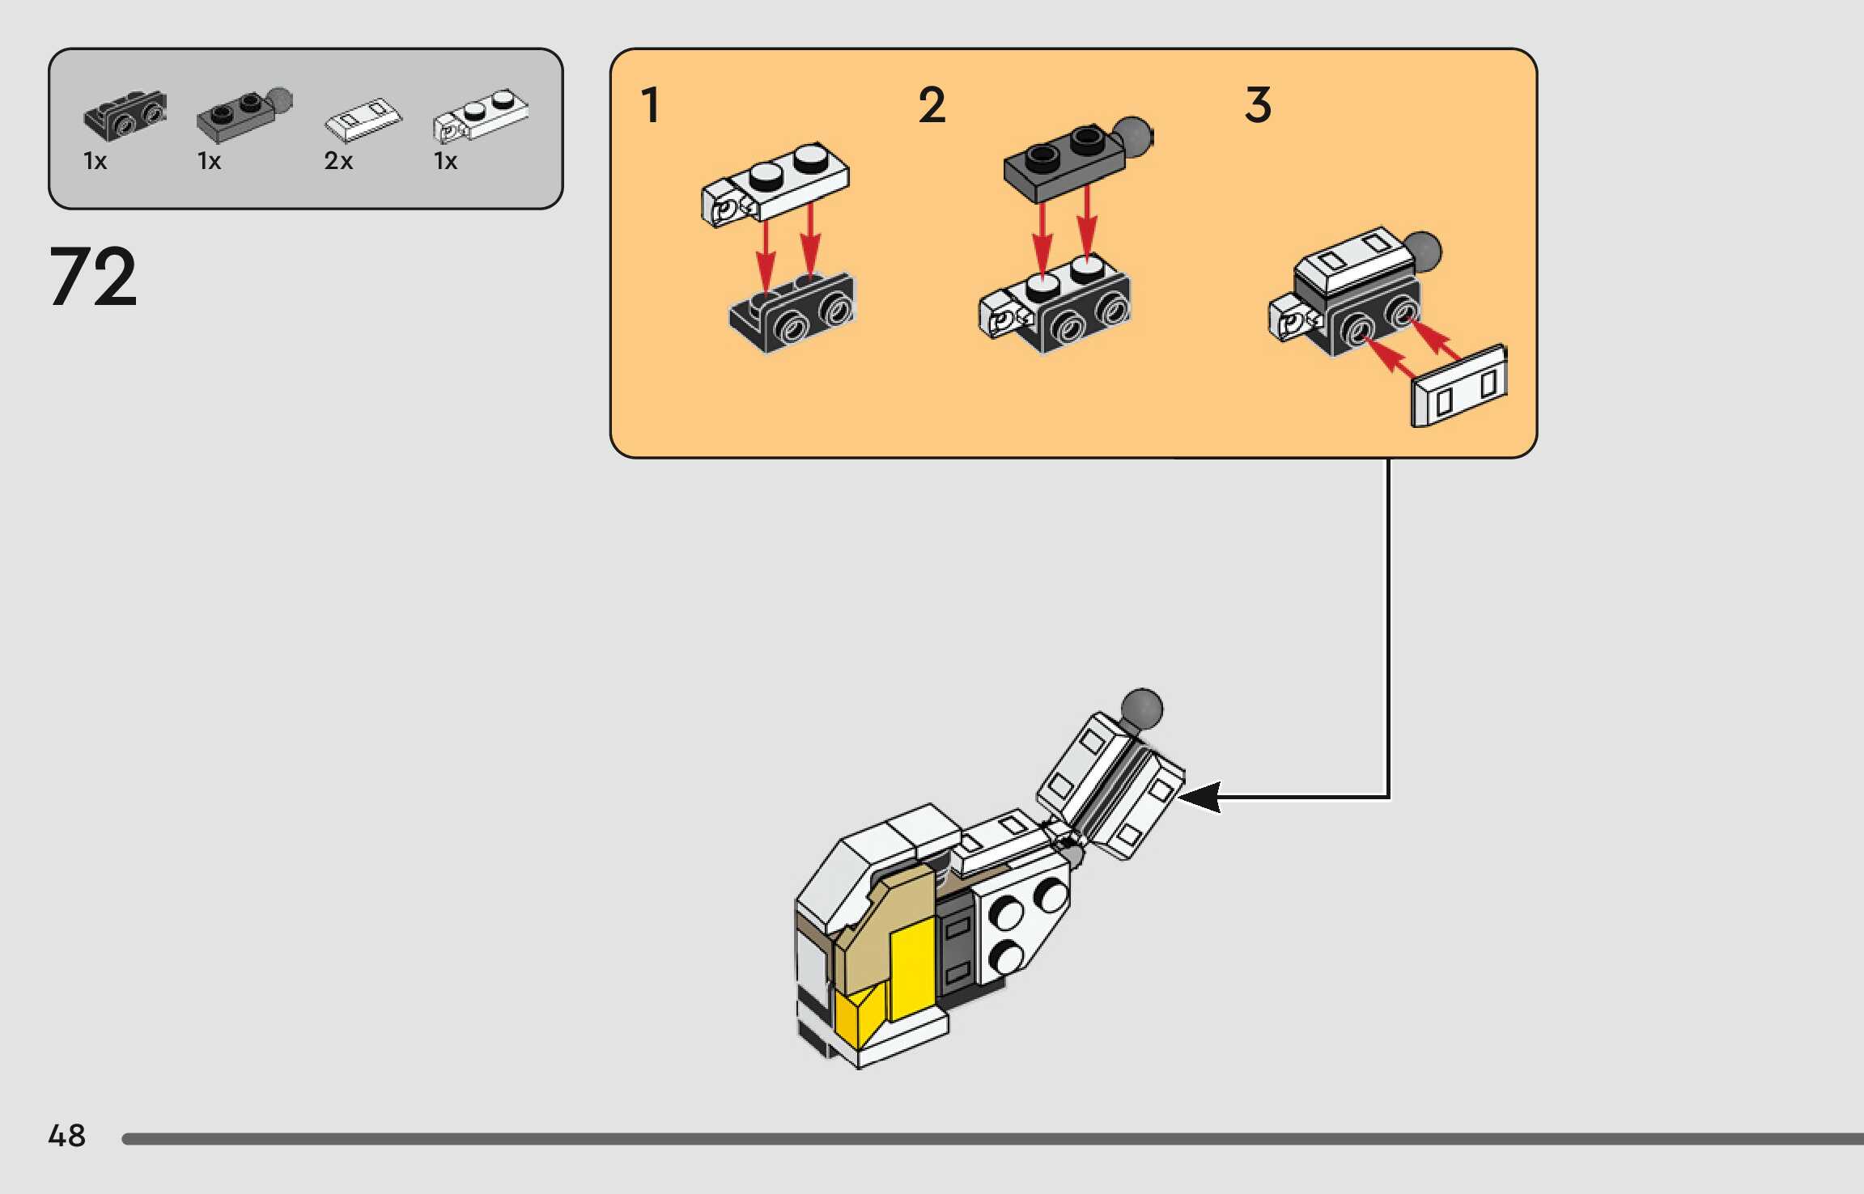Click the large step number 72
[93, 277]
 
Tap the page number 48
[66, 1136]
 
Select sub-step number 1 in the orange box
[650, 105]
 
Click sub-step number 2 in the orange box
[932, 105]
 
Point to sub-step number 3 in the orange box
[1258, 105]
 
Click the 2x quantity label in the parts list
[338, 161]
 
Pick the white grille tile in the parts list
[363, 120]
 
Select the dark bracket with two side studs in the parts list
[125, 115]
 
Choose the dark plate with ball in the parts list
[244, 115]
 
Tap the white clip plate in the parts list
[481, 116]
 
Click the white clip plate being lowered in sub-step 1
[775, 184]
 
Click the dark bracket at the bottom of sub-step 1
[792, 312]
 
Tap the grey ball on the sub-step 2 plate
[1133, 138]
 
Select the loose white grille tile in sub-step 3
[1459, 386]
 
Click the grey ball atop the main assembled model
[1142, 709]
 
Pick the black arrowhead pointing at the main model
[1199, 797]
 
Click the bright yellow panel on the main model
[913, 971]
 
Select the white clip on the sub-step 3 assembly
[1292, 319]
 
